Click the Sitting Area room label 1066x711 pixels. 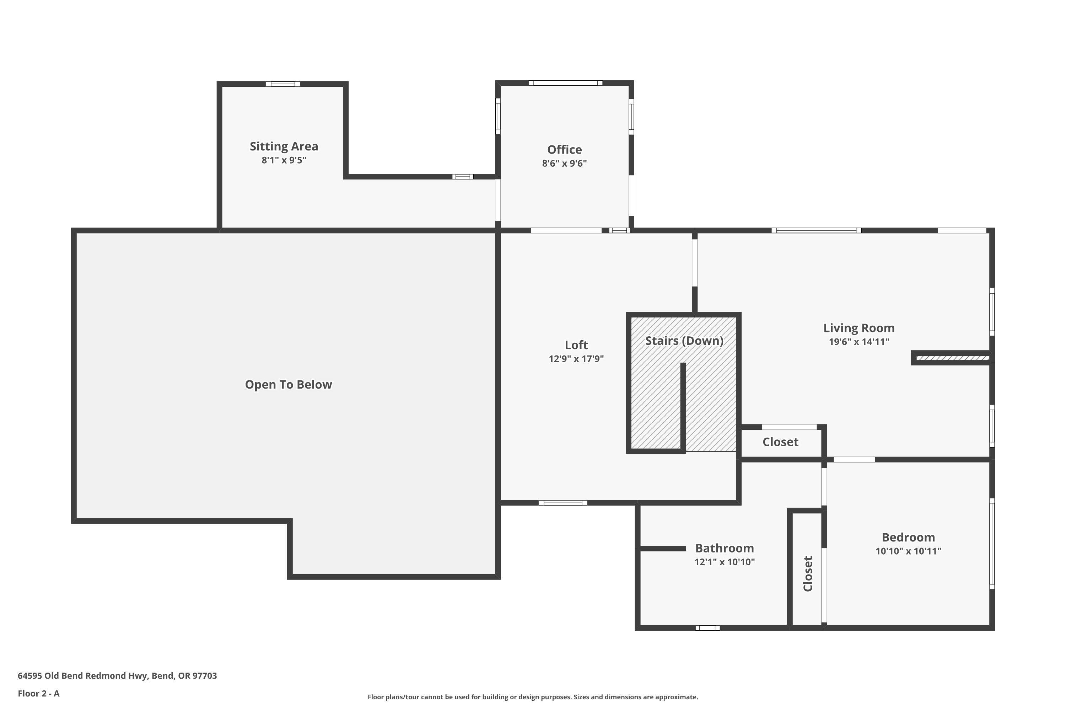coord(284,146)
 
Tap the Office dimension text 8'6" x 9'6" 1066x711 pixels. coord(564,163)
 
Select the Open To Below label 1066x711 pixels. coord(288,385)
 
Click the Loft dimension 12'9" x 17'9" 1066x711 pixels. coord(576,359)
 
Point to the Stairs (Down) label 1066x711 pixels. coord(684,341)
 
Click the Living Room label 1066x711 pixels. coord(858,328)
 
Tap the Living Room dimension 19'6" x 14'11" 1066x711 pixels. coord(858,342)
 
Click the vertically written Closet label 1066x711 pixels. coord(808,574)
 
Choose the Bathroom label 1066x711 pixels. coord(724,548)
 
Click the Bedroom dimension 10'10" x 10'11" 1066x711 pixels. coord(908,551)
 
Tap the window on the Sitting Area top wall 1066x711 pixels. coord(283,84)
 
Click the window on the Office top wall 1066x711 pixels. coord(565,83)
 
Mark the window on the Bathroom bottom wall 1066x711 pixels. coord(707,628)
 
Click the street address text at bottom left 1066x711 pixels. coord(117,676)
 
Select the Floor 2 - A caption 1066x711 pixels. coord(38,693)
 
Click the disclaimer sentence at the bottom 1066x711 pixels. coord(533,697)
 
